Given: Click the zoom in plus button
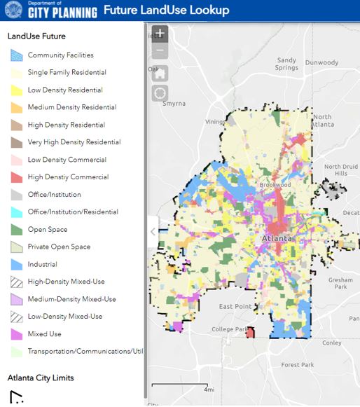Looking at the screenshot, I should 160,33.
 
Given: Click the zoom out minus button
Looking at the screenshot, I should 160,50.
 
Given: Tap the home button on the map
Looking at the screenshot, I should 160,72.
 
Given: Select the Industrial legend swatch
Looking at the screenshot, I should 17,264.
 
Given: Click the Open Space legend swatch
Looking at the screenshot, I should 17,229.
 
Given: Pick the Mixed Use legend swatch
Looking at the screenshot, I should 17,334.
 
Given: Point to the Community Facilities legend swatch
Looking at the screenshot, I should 17,55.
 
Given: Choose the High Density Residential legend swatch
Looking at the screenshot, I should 17,125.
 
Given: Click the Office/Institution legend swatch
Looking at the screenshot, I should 17,194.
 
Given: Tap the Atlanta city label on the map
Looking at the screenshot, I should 275,238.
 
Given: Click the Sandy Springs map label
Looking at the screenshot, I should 286,64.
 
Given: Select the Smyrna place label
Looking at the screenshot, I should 174,103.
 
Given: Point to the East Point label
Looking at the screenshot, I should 235,307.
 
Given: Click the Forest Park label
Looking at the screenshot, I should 297,365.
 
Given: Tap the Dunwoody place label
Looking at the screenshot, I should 322,62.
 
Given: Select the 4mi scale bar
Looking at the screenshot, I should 181,387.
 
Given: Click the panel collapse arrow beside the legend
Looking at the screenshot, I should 153,232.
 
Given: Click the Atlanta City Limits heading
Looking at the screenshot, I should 41,378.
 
